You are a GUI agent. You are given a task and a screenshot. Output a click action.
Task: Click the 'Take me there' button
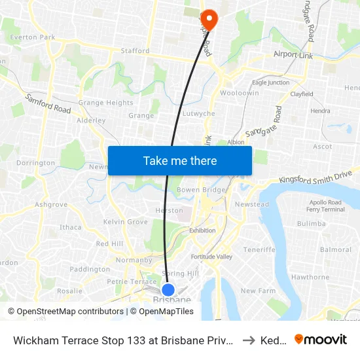(180, 160)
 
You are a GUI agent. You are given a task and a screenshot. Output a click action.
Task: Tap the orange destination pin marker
(209, 19)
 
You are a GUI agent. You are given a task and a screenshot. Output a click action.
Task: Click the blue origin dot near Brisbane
(168, 289)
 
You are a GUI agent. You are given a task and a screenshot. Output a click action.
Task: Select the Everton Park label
(33, 37)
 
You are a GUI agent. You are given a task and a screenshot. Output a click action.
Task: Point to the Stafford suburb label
(135, 50)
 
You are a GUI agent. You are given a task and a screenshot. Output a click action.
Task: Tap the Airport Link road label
(293, 55)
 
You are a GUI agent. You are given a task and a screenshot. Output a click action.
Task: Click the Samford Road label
(48, 103)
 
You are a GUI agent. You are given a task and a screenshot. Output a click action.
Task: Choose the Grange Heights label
(105, 103)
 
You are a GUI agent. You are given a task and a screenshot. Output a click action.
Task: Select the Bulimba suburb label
(311, 224)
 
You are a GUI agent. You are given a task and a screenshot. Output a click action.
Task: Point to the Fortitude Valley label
(211, 257)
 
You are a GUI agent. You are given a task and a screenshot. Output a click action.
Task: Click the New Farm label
(254, 291)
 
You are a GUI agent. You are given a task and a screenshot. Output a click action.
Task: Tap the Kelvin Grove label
(125, 222)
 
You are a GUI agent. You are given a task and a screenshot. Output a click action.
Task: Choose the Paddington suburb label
(90, 269)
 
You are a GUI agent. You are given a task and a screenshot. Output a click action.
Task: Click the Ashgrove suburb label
(51, 204)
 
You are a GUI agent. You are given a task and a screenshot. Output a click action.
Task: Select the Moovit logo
(321, 339)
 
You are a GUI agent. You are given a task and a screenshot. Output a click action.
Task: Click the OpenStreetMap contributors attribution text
(67, 312)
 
